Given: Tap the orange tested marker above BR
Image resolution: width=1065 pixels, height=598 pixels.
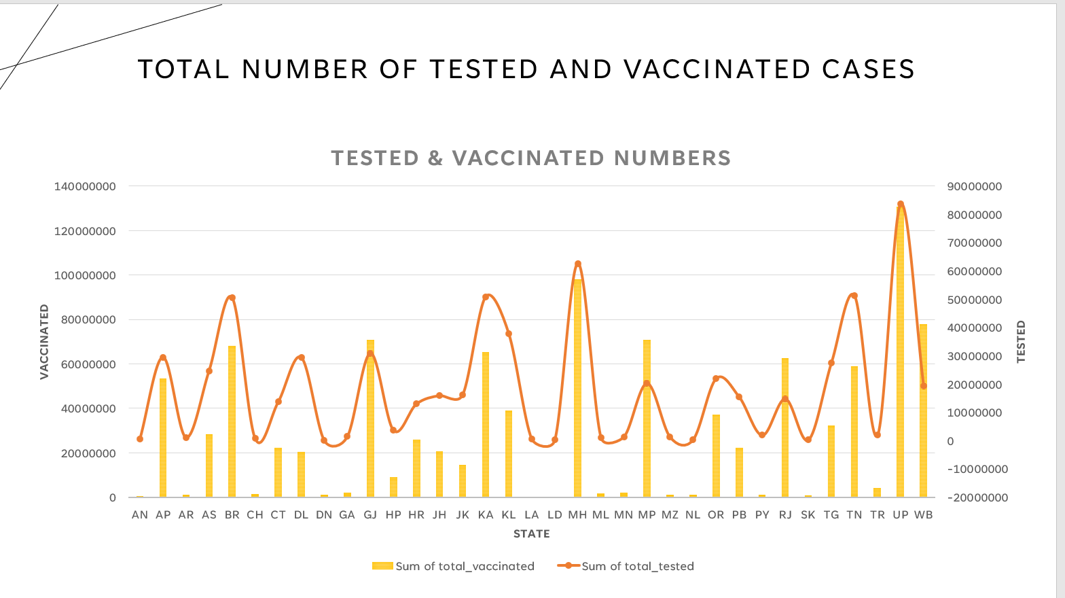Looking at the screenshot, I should pos(232,298).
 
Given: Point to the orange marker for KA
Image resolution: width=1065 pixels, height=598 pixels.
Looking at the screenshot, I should pos(486,297).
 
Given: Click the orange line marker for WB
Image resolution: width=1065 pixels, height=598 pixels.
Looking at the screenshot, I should pos(924,386).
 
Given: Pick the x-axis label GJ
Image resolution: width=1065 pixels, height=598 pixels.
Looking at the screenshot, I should pos(370,515).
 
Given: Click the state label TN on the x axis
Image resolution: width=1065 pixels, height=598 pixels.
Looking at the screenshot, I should pos(854,515).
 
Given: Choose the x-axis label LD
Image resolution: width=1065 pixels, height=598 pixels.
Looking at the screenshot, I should pos(555,515).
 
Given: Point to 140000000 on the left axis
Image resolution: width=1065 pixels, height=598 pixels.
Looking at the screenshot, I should pos(85,186).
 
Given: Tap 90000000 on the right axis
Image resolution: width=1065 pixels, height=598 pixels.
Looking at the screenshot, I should pos(974,187).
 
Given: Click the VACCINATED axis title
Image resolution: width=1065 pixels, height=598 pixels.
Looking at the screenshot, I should pos(45,341).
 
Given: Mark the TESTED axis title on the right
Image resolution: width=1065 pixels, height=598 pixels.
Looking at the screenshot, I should pos(1021,341).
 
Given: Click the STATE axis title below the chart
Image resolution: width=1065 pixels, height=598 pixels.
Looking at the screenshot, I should pos(532,534).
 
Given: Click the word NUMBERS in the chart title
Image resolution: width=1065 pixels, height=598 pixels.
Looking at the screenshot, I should pos(672,158).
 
